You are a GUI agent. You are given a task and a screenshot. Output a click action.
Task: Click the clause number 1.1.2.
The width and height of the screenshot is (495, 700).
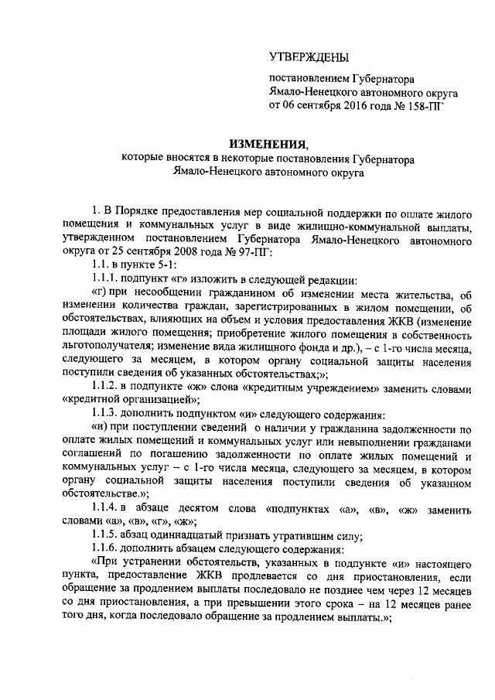click(x=105, y=387)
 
